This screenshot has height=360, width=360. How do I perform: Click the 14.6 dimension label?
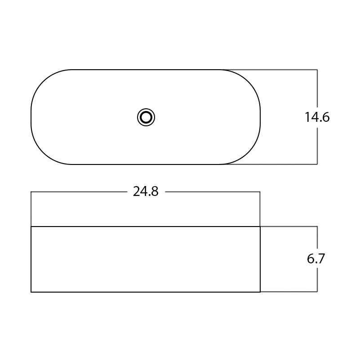tap(317, 117)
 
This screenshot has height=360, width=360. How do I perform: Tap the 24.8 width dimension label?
tap(146, 191)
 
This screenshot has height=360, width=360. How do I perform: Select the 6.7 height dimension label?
tap(316, 259)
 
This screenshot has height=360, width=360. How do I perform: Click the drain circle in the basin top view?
tap(146, 117)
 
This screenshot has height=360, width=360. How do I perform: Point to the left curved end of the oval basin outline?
tap(31, 117)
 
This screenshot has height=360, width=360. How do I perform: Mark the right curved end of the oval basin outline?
tap(260, 117)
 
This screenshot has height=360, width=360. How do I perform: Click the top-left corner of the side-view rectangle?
tap(31, 227)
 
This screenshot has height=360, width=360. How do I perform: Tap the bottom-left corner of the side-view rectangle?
tap(31, 292)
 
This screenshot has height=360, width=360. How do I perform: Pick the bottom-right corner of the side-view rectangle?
tap(260, 292)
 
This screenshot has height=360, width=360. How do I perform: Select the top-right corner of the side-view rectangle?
tap(260, 227)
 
